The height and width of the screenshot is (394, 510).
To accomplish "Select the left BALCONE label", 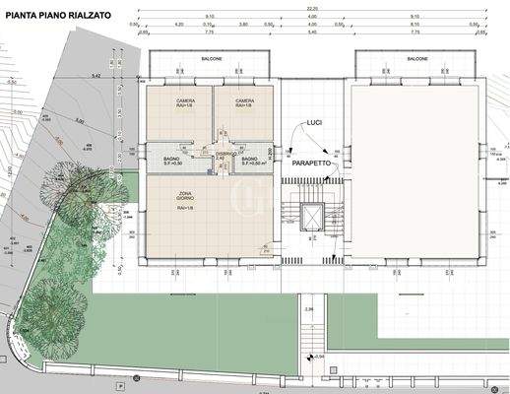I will tap(213, 59).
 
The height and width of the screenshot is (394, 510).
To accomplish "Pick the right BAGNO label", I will tap(249, 160).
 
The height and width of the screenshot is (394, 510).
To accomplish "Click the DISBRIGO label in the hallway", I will tap(224, 153).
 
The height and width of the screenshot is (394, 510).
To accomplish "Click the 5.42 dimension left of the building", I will tap(96, 75).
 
